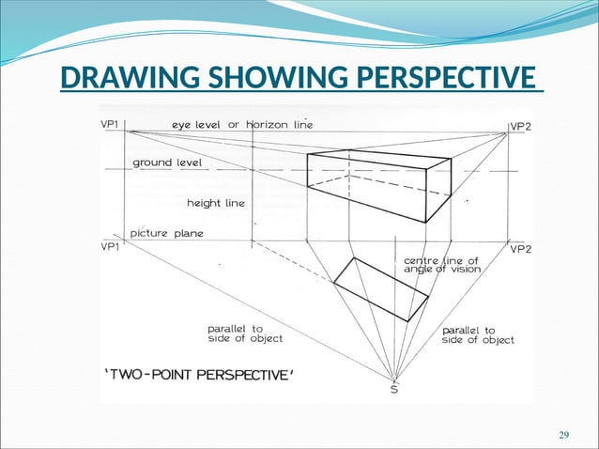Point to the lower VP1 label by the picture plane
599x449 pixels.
tap(111, 247)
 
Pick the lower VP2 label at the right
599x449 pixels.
tap(521, 249)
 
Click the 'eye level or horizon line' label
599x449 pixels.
tap(242, 123)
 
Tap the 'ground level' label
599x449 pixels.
tap(164, 163)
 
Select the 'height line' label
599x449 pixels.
tap(216, 202)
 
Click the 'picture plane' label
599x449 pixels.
tap(167, 233)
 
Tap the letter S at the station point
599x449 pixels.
tap(392, 389)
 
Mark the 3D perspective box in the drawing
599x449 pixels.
tap(380, 183)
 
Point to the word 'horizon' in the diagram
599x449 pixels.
tap(267, 123)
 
